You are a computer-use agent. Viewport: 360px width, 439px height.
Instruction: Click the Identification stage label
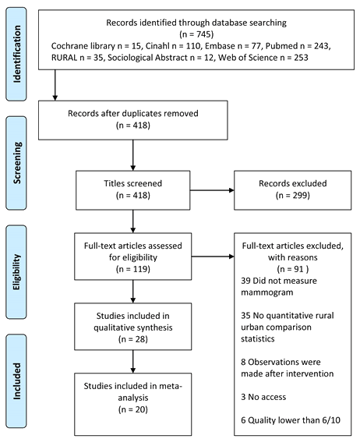pyautogui.click(x=17, y=54)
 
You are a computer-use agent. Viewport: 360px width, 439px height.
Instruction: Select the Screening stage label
pyautogui.click(x=17, y=163)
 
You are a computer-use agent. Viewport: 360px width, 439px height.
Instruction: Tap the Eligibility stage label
pyautogui.click(x=17, y=272)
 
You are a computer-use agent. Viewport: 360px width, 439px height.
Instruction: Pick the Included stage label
pyautogui.click(x=17, y=381)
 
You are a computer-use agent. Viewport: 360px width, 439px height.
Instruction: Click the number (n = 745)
pyautogui.click(x=196, y=34)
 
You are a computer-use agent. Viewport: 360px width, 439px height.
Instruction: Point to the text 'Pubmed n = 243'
pyautogui.click(x=297, y=46)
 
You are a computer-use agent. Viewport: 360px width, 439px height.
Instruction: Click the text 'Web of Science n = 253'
pyautogui.click(x=263, y=58)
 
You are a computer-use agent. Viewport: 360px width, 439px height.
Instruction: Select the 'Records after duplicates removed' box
pyautogui.click(x=133, y=120)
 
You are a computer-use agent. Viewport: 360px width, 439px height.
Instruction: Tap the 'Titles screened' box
pyautogui.click(x=133, y=190)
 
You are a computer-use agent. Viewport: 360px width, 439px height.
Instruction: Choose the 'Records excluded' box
pyautogui.click(x=292, y=190)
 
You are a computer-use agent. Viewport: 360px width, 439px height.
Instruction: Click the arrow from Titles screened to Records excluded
pyautogui.click(x=212, y=190)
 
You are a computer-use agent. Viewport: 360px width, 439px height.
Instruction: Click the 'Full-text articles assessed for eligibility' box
pyautogui.click(x=133, y=257)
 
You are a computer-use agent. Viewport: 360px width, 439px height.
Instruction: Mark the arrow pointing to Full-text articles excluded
pyautogui.click(x=213, y=257)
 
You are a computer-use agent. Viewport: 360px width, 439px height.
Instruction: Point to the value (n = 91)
pyautogui.click(x=293, y=269)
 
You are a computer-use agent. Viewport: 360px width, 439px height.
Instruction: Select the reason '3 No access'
pyautogui.click(x=263, y=397)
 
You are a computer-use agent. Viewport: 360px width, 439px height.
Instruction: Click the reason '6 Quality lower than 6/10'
pyautogui.click(x=291, y=420)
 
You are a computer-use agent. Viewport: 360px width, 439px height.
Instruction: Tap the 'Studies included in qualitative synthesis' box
pyautogui.click(x=133, y=327)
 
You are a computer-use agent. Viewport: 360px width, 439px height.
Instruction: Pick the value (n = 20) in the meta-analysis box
pyautogui.click(x=133, y=409)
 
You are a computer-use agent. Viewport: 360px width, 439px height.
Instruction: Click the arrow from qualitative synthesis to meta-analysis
pyautogui.click(x=133, y=362)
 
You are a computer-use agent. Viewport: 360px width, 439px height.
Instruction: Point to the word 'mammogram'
pyautogui.click(x=267, y=292)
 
